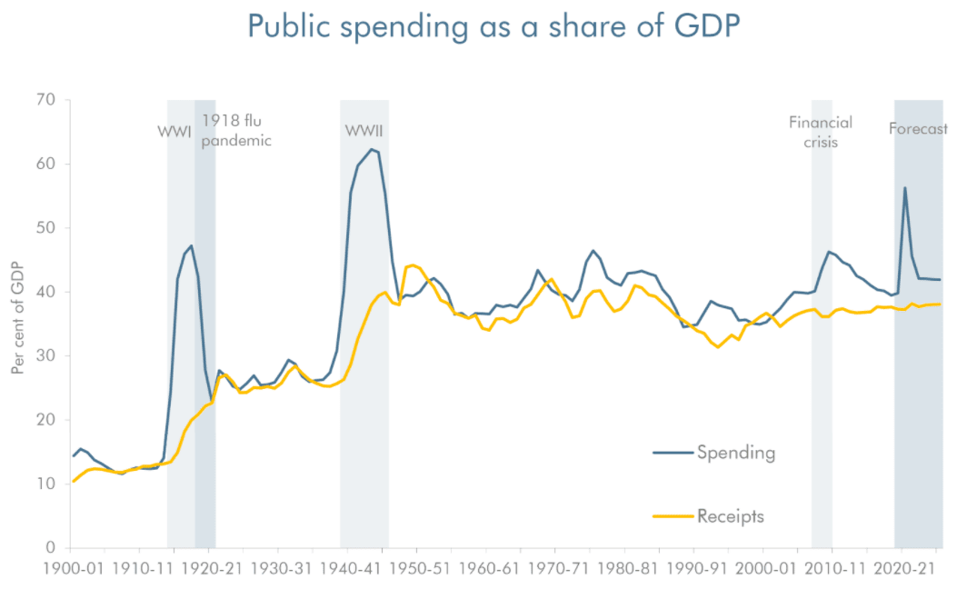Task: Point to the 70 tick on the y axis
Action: pos(46,100)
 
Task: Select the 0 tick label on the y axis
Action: pos(51,548)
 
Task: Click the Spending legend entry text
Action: pos(736,452)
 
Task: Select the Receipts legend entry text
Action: pos(731,517)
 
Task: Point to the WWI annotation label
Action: pos(174,131)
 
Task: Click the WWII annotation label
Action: pos(364,131)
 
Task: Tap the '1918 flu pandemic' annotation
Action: pos(236,130)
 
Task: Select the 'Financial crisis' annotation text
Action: pos(821,132)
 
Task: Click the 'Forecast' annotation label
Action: pos(918,129)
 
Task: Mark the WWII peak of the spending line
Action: pos(371,149)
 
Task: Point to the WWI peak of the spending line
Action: pos(191,246)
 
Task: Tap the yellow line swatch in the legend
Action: pos(673,517)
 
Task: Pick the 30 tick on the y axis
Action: pos(46,356)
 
